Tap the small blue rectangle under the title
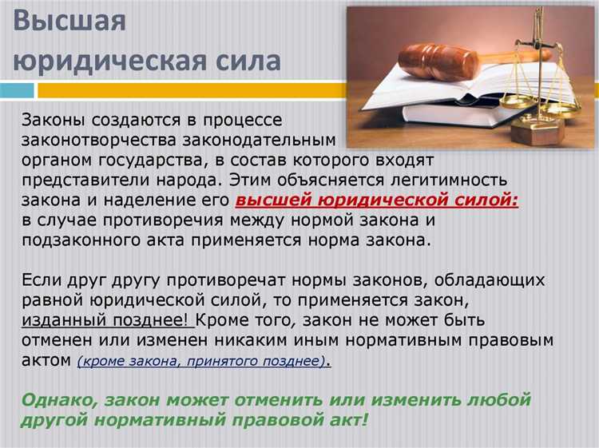[17, 90]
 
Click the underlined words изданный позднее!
[108, 321]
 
